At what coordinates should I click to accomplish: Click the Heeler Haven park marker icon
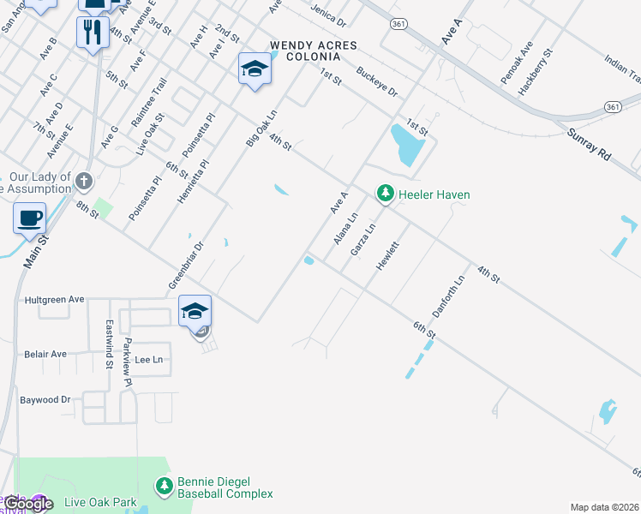click(x=386, y=194)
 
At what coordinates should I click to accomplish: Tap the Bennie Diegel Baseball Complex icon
click(x=164, y=487)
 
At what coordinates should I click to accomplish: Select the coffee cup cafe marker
click(x=30, y=218)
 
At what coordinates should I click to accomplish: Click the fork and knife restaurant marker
click(x=92, y=33)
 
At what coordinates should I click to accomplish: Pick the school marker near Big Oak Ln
click(x=255, y=69)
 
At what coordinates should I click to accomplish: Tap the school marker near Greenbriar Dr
click(x=195, y=309)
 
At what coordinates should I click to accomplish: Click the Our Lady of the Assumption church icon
click(x=83, y=181)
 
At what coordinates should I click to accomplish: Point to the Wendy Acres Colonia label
click(x=306, y=51)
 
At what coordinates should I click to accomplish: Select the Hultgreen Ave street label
click(x=53, y=300)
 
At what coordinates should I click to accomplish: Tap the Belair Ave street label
click(x=45, y=354)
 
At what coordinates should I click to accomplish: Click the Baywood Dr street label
click(x=45, y=400)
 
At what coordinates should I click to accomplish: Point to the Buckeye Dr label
click(x=377, y=81)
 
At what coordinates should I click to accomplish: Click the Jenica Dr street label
click(x=328, y=14)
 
